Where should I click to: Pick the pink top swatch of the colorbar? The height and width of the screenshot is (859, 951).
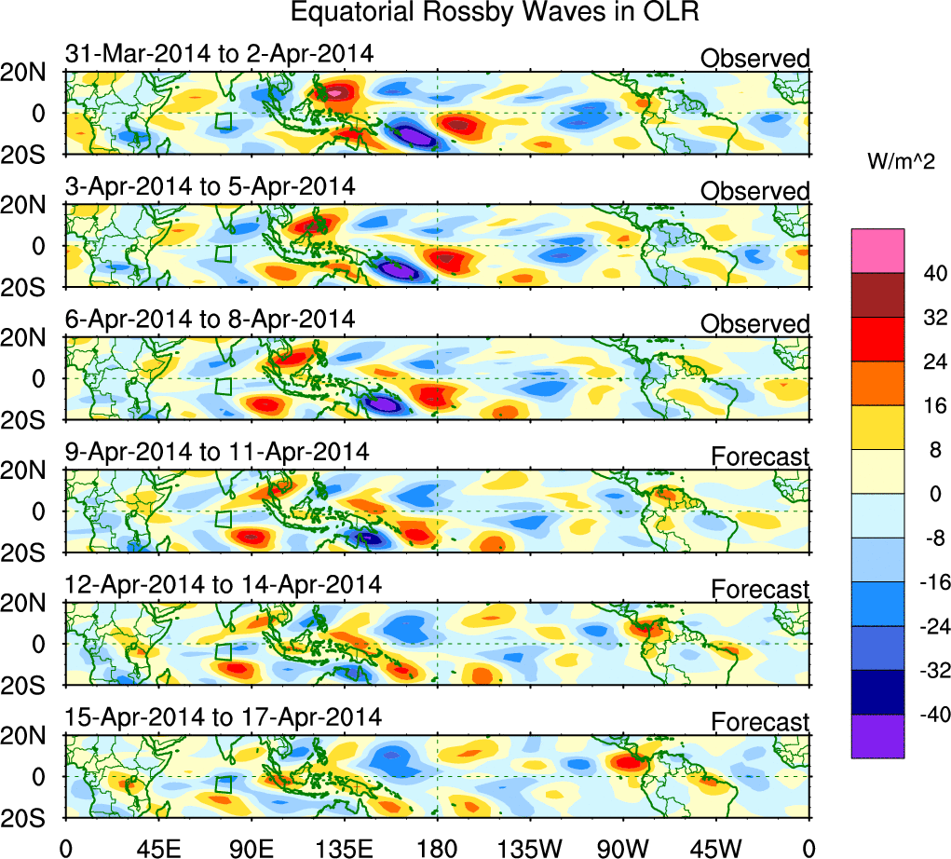[x=877, y=250]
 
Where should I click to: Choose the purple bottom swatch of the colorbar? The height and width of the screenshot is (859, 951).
[x=877, y=736]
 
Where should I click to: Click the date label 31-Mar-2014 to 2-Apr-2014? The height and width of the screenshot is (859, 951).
[x=220, y=54]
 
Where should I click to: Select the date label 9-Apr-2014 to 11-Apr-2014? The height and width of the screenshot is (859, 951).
[x=217, y=452]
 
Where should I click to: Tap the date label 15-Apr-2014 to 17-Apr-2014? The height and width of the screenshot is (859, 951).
[x=224, y=717]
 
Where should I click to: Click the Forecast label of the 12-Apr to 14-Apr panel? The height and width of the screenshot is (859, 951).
[x=760, y=589]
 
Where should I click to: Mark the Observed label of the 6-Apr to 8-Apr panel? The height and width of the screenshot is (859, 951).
[x=755, y=324]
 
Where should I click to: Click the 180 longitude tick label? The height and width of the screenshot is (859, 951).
[x=437, y=847]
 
